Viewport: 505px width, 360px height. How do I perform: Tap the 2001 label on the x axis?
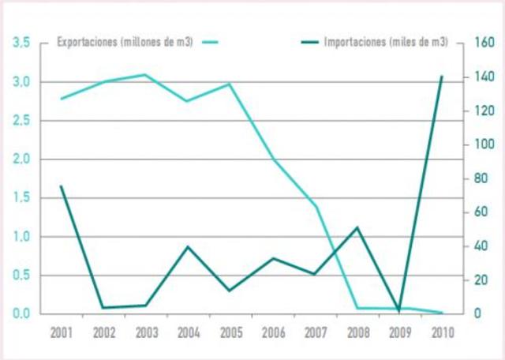(x=61, y=332)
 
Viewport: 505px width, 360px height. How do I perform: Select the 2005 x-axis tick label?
(x=230, y=332)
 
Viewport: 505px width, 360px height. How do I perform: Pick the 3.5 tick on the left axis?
(x=21, y=43)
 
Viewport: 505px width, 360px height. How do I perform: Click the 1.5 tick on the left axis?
(x=21, y=198)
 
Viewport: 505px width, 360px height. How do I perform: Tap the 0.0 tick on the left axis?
(x=21, y=313)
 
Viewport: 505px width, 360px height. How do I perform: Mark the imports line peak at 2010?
(x=441, y=77)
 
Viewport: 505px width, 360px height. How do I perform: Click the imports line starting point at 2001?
(x=61, y=186)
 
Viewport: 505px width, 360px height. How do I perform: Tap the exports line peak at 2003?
(x=145, y=75)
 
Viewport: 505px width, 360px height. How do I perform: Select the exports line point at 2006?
(x=272, y=159)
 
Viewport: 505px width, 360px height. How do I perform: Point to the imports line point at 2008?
(x=357, y=227)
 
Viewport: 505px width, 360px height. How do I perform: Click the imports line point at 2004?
(x=188, y=246)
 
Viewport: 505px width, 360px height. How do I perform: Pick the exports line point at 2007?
(x=315, y=206)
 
